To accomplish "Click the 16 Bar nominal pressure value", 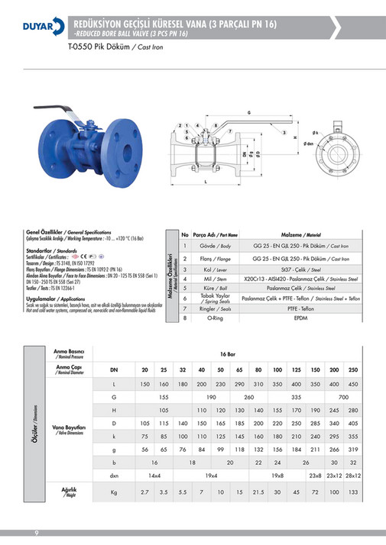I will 226,355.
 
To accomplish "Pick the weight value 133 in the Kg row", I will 352,492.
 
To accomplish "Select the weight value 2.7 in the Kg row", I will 145,492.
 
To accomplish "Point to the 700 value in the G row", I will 343,397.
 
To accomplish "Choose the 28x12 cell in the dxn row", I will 352,476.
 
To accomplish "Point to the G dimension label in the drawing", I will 249,112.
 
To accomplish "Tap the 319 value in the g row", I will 352,450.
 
